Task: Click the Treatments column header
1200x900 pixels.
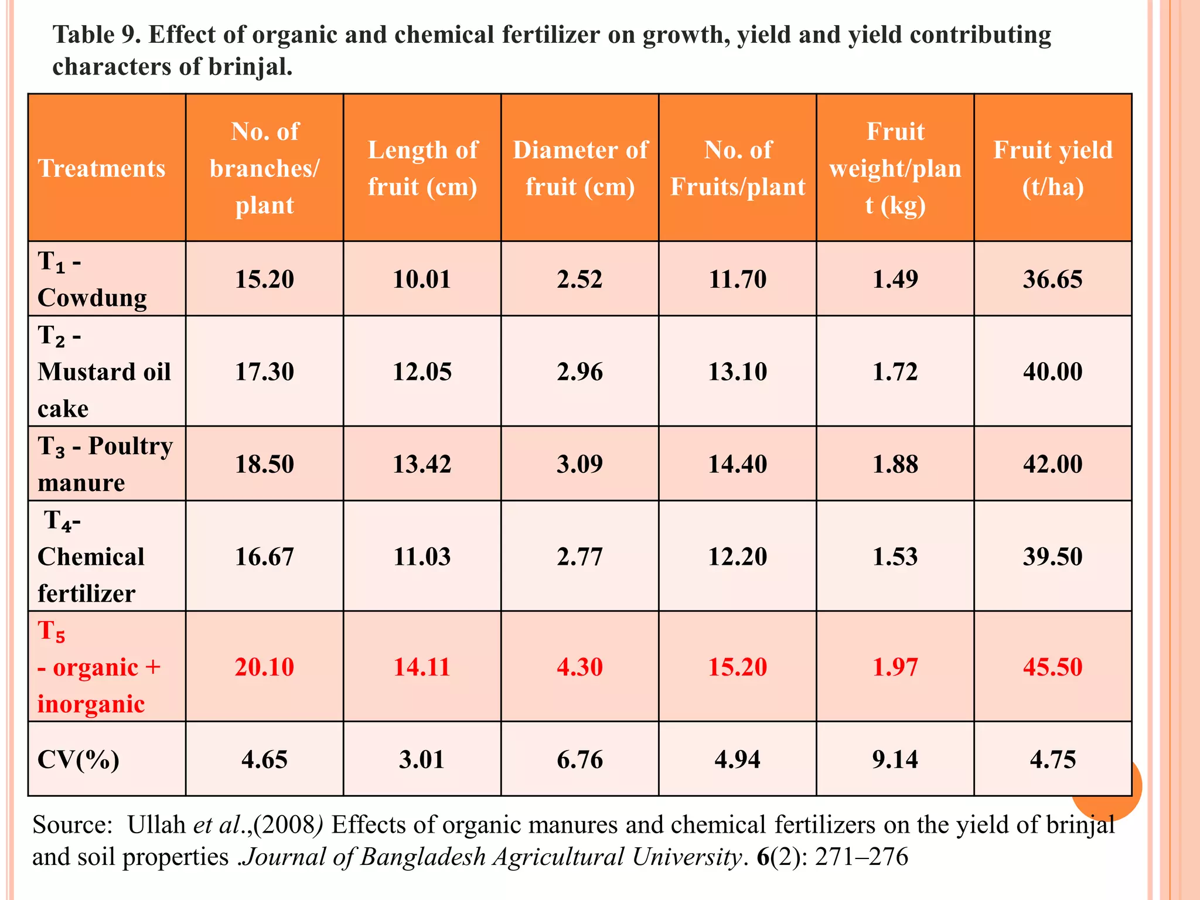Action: pos(102,169)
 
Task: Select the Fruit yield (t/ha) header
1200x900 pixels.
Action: pos(1052,169)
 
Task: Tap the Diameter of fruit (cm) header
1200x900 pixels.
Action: pos(580,169)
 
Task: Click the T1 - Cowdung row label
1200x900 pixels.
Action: pos(92,279)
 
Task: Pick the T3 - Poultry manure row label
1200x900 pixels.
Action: pos(105,464)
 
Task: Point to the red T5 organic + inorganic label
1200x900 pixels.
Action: pos(98,667)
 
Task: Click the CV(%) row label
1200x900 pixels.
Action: pos(78,760)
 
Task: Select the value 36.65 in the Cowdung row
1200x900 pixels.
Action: pos(1052,279)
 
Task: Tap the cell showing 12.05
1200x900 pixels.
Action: pos(422,372)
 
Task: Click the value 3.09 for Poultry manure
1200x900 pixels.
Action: pos(579,464)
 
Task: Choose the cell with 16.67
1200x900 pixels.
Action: pos(264,557)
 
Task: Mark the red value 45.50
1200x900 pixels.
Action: pos(1052,667)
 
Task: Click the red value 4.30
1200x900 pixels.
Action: pos(579,667)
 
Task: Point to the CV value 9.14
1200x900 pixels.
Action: pos(895,760)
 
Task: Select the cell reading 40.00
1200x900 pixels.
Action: pos(1052,372)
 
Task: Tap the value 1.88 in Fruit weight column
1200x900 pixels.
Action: pos(895,464)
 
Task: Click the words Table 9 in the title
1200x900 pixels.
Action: pos(96,35)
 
